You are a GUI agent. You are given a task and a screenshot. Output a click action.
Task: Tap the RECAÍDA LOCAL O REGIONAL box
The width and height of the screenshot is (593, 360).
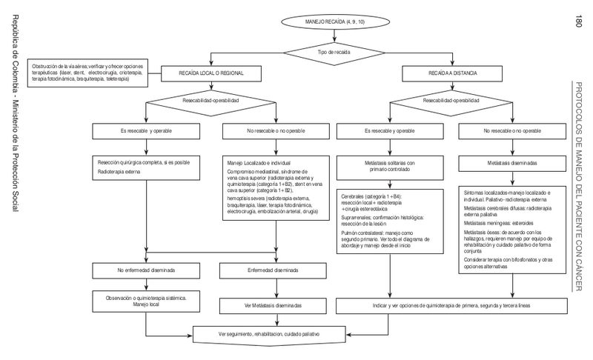click(x=211, y=74)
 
